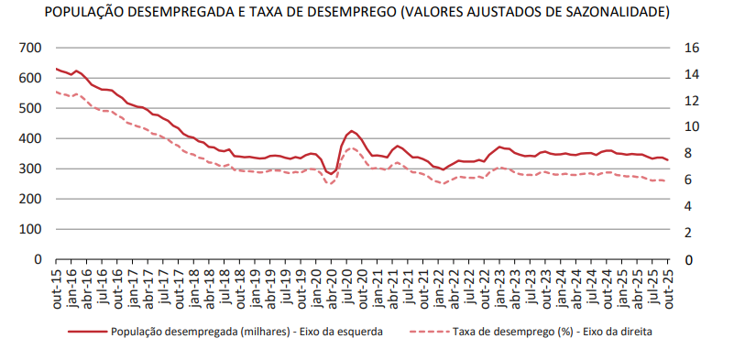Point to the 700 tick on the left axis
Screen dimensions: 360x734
point(30,48)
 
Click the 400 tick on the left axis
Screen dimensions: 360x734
point(30,138)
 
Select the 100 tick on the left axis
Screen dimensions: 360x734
point(30,229)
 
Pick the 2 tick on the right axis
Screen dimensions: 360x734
point(688,233)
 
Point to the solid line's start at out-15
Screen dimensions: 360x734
point(57,69)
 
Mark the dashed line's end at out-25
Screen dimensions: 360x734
point(668,181)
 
